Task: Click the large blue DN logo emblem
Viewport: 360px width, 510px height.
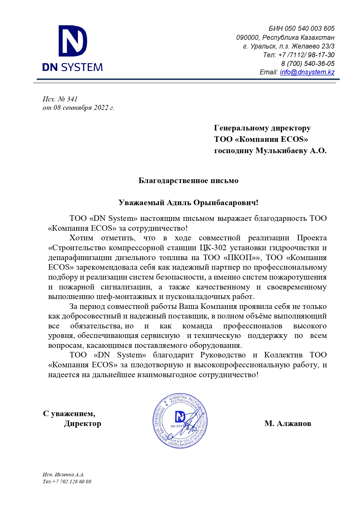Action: click(x=73, y=41)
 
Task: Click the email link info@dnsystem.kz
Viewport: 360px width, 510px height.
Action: click(x=307, y=72)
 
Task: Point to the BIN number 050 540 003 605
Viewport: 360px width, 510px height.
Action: click(x=309, y=28)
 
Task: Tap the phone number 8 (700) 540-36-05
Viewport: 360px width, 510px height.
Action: click(x=308, y=63)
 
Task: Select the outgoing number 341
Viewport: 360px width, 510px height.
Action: click(x=72, y=99)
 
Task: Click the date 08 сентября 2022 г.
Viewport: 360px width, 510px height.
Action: click(x=84, y=108)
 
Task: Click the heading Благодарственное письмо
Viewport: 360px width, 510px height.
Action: click(x=188, y=180)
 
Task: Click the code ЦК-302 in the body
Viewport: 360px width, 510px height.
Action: click(x=213, y=248)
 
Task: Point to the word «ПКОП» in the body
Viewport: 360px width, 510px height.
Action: click(x=238, y=257)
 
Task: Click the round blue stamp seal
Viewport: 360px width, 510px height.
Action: click(x=180, y=420)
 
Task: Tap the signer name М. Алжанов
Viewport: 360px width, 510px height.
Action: click(x=288, y=423)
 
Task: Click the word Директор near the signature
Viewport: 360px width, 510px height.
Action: click(x=83, y=423)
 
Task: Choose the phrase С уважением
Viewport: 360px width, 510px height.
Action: click(x=69, y=413)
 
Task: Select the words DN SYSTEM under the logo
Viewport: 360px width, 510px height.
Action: click(x=73, y=67)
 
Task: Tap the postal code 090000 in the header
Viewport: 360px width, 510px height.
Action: click(x=247, y=37)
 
